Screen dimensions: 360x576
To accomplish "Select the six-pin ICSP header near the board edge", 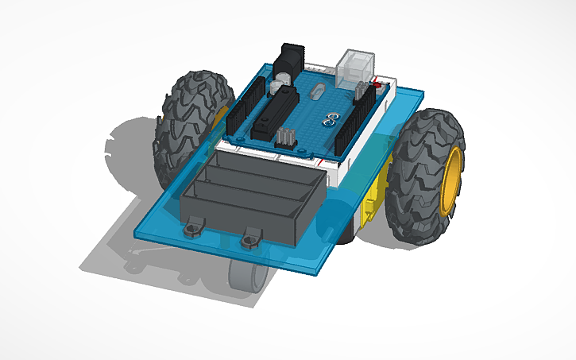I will point(286,137).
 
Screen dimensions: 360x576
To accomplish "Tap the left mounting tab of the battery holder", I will point(191,230).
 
